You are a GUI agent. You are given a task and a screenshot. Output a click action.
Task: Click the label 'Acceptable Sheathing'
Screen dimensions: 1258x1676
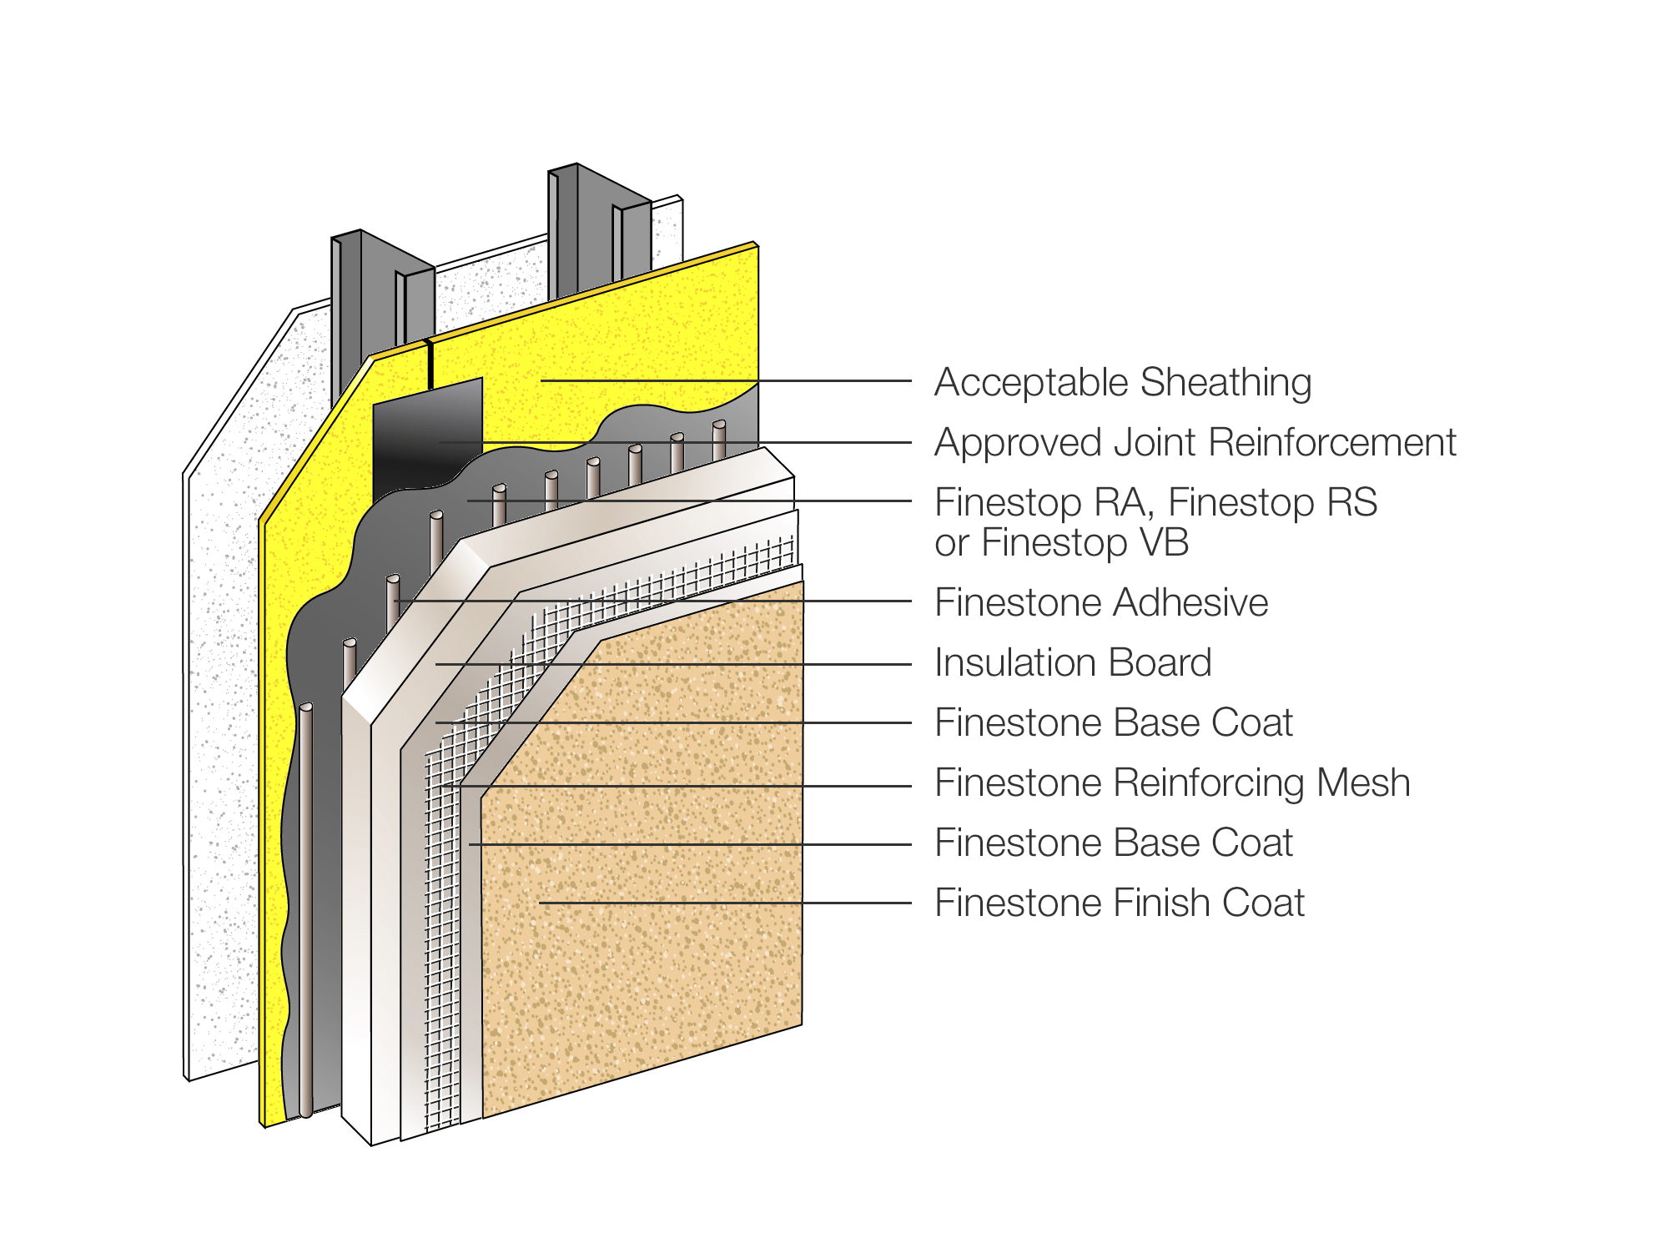point(1122,383)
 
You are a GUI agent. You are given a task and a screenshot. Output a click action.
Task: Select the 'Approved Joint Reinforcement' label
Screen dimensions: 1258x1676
point(1195,443)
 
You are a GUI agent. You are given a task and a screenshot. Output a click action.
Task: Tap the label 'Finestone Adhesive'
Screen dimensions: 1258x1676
point(1100,603)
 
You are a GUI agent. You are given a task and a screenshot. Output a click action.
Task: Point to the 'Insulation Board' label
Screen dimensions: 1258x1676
point(1072,663)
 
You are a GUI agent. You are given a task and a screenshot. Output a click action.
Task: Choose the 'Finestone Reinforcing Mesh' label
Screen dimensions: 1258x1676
point(1171,783)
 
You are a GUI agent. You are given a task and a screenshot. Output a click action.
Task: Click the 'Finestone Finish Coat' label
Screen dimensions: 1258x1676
point(1119,903)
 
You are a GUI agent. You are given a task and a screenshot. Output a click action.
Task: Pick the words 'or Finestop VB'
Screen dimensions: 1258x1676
point(1061,543)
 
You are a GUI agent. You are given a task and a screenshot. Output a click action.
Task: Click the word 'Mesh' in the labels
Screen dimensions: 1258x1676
point(1363,783)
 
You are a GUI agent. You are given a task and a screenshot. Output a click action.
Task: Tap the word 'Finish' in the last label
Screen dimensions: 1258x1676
point(1161,903)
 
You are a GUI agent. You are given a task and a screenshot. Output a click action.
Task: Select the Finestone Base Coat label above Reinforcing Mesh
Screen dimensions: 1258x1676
point(1113,723)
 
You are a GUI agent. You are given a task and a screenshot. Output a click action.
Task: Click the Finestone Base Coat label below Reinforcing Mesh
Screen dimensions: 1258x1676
point(1113,843)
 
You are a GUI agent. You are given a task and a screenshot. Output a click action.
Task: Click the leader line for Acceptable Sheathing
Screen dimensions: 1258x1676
point(726,381)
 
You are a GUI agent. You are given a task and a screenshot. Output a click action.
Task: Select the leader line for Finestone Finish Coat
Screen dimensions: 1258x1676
point(726,903)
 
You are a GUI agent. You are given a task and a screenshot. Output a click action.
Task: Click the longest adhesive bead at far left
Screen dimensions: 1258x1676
point(306,909)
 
